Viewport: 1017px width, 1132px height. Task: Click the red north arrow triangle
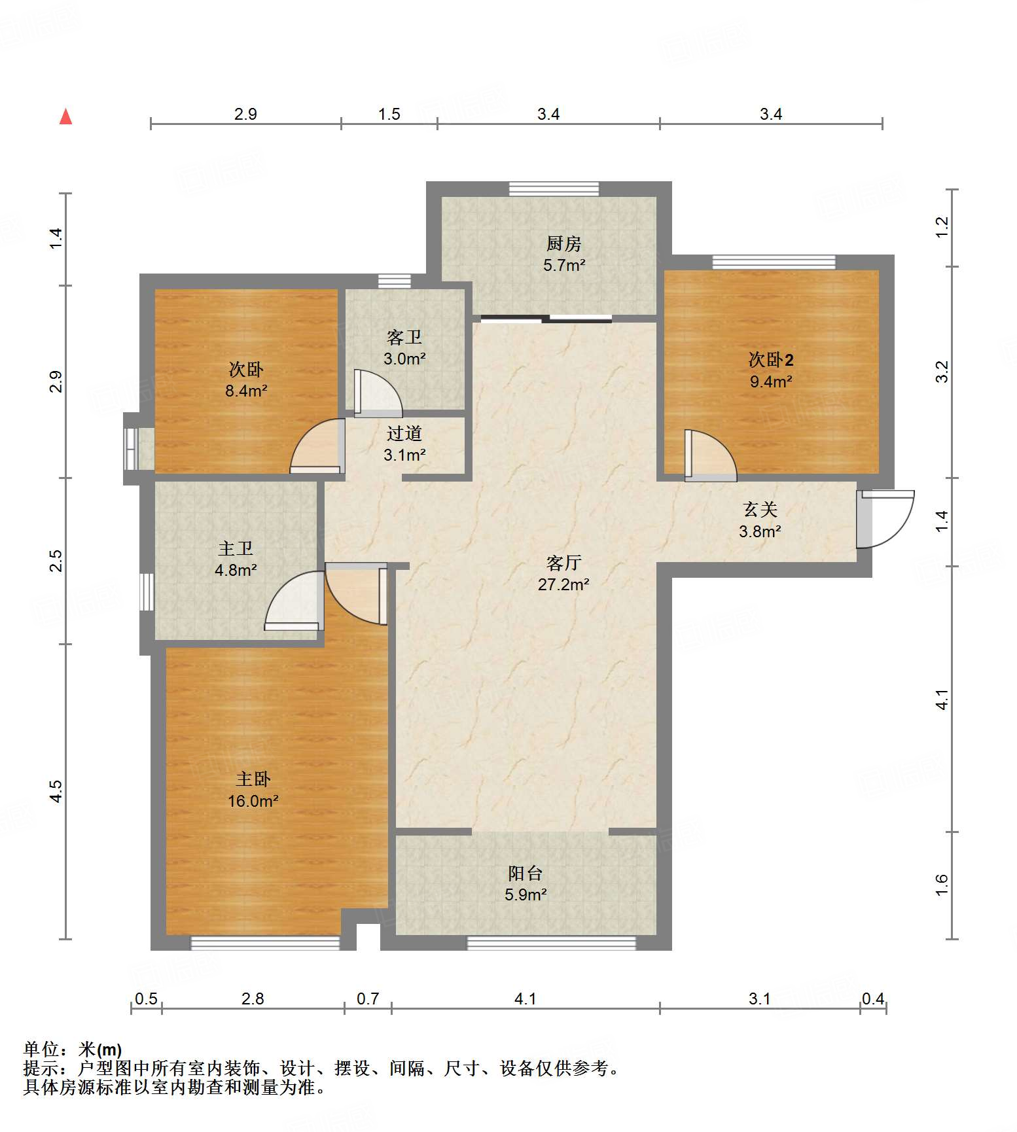(x=65, y=116)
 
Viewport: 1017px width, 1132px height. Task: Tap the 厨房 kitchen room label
(x=563, y=243)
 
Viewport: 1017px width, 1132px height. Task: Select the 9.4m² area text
(x=771, y=381)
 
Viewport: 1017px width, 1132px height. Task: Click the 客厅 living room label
(x=563, y=563)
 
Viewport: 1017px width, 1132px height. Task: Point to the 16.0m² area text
(x=253, y=801)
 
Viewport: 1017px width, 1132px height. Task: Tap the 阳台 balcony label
(x=526, y=873)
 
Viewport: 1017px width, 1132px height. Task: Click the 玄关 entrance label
(x=760, y=509)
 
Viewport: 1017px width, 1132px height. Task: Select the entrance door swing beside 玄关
(x=885, y=519)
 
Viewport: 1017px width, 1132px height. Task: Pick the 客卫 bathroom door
(x=378, y=393)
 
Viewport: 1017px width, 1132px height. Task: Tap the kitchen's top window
(x=554, y=188)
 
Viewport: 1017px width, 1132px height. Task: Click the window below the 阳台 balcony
(x=551, y=943)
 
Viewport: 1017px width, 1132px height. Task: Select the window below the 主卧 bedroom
(x=265, y=943)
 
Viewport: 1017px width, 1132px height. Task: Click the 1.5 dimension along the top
(x=389, y=115)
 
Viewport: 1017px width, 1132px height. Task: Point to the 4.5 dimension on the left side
(x=56, y=791)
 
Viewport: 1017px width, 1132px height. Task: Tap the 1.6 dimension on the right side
(x=941, y=885)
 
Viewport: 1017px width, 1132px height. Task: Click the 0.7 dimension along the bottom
(x=368, y=999)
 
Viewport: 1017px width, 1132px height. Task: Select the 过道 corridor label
(x=404, y=433)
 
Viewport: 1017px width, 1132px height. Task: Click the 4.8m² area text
(x=236, y=570)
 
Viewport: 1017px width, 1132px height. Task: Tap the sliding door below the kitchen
(x=546, y=319)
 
